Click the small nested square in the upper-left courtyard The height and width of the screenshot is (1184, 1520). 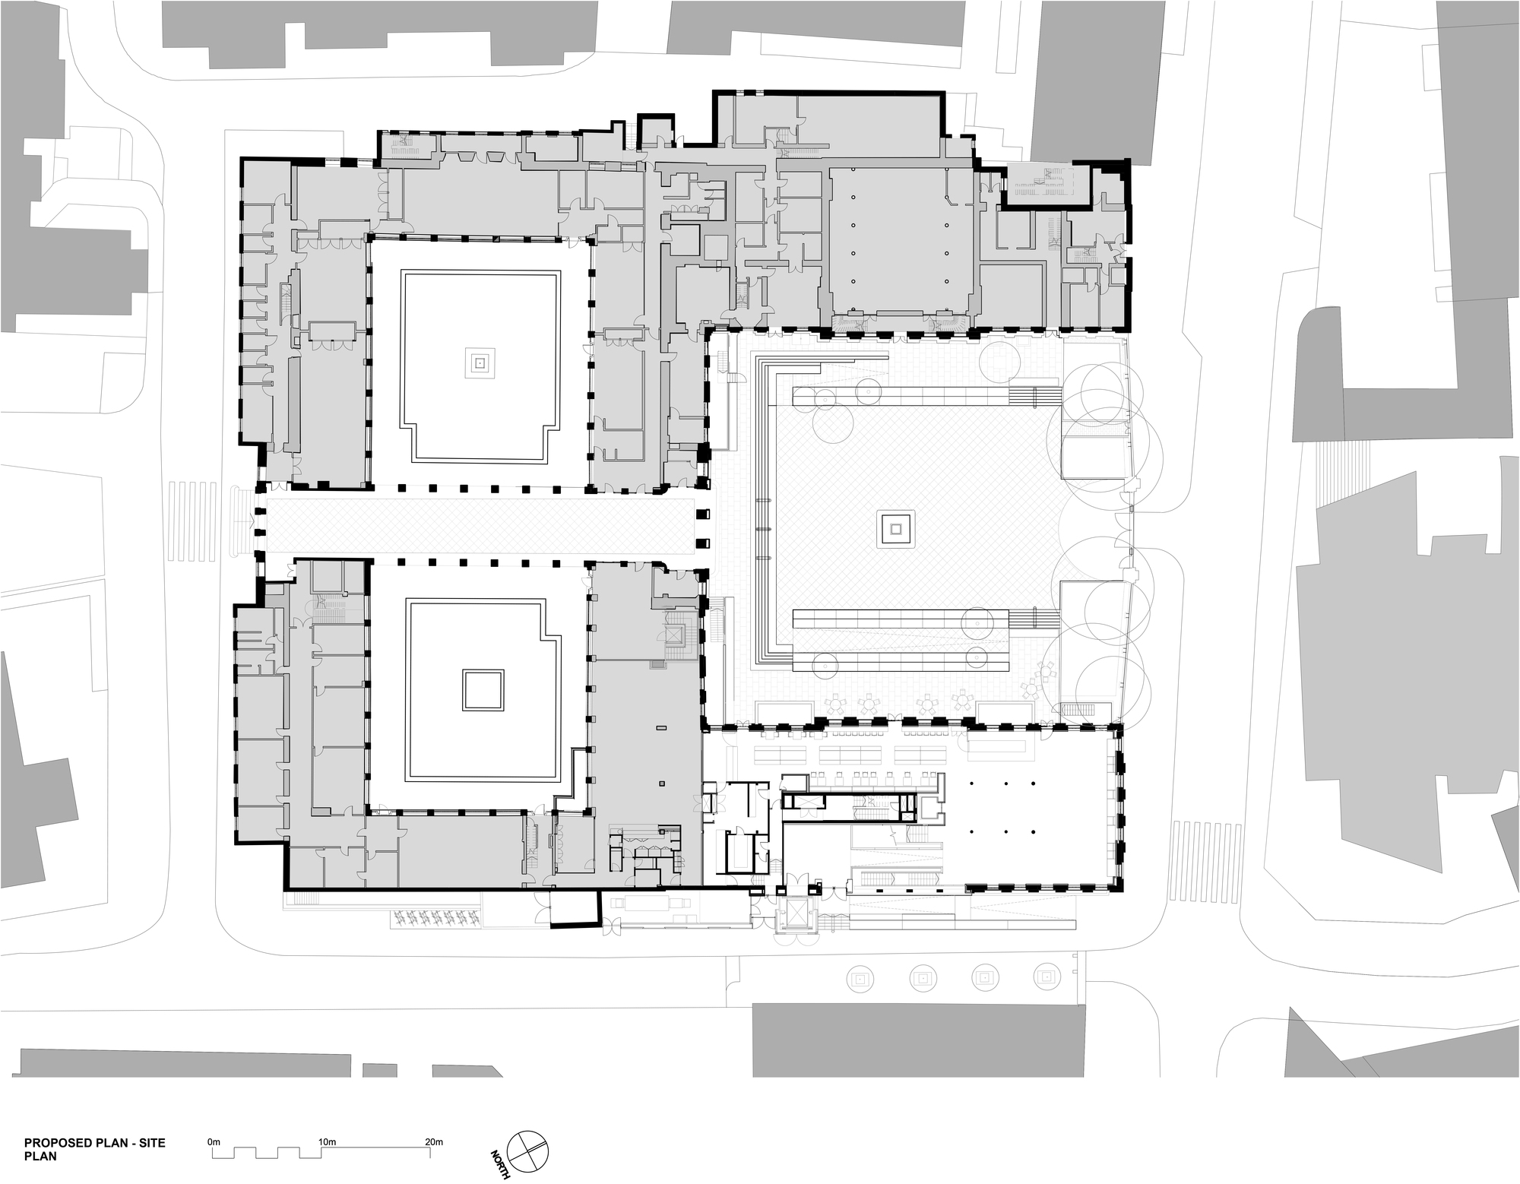tap(480, 363)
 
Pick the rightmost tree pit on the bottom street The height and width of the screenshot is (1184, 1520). tap(1047, 977)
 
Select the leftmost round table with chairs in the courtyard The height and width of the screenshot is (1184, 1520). tap(834, 704)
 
